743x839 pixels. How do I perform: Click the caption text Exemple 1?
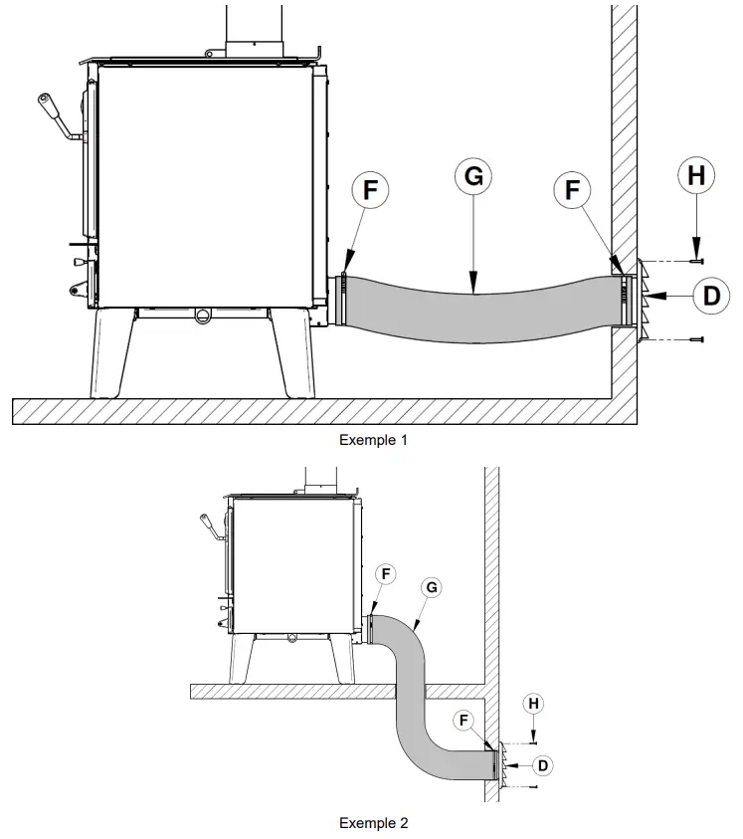pos(373,439)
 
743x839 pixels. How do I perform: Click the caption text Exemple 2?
pos(373,822)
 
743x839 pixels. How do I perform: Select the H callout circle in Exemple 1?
pos(696,176)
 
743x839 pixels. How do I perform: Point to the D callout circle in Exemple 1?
pos(710,295)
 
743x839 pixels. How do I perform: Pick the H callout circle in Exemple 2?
pos(534,704)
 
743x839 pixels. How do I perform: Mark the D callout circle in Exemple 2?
pos(541,764)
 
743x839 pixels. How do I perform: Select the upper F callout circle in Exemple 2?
pos(386,574)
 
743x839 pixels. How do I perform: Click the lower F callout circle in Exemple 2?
pos(465,718)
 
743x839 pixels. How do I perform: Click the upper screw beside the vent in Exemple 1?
pos(695,262)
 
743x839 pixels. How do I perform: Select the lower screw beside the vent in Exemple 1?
pos(695,339)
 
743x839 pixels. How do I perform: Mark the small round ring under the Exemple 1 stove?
pos(203,315)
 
